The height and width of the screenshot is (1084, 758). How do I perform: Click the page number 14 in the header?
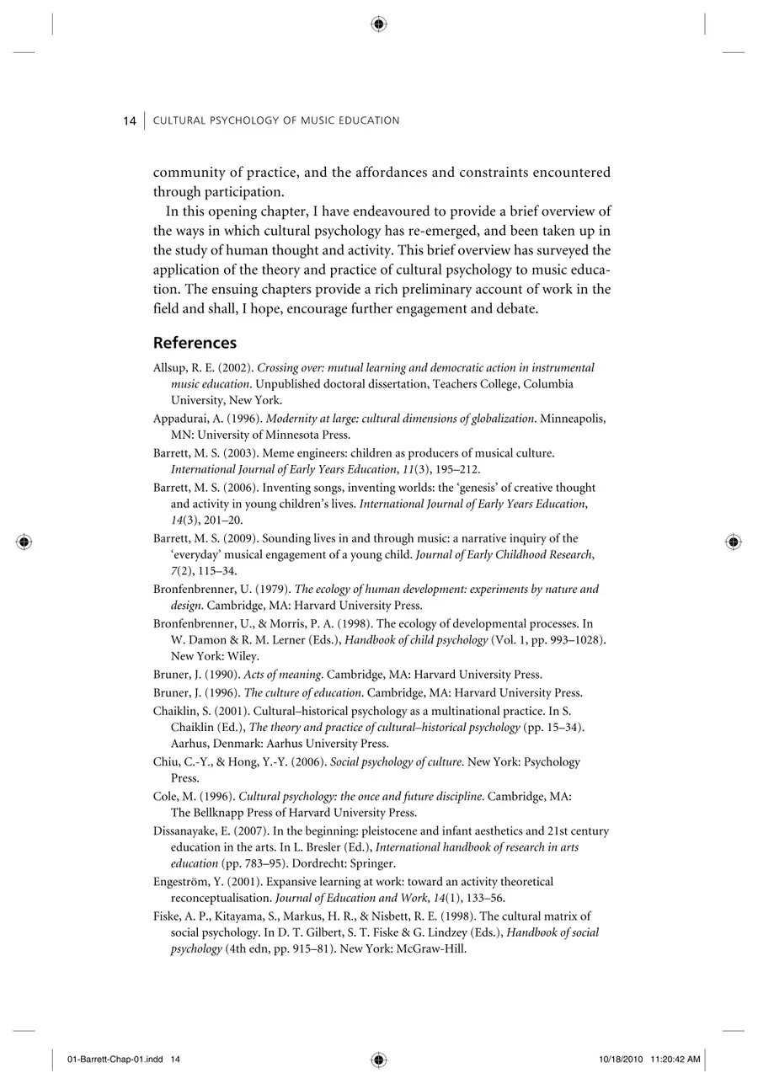point(130,121)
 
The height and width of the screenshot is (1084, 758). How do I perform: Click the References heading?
point(195,343)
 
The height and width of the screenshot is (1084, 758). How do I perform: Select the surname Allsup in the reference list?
point(168,368)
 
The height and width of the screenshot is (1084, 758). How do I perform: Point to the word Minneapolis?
point(573,419)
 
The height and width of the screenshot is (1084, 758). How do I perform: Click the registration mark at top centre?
point(379,24)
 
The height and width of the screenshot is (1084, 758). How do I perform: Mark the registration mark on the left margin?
point(24,542)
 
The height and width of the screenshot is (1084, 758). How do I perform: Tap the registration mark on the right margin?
point(734,542)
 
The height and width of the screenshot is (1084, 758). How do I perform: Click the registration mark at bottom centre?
point(379,1059)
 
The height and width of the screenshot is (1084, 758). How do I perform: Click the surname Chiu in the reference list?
point(165,762)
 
